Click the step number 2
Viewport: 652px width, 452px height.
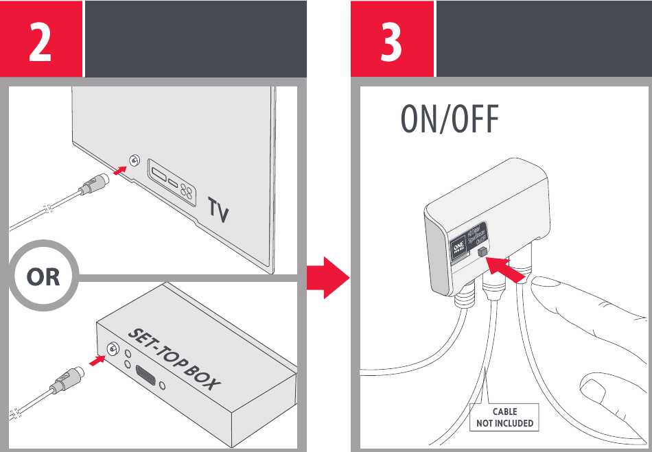point(40,40)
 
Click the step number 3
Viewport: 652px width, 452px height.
point(391,40)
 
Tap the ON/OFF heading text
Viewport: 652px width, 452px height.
point(449,121)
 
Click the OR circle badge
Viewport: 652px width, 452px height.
point(43,278)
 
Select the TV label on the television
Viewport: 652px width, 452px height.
point(218,210)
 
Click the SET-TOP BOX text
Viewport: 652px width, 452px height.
point(174,359)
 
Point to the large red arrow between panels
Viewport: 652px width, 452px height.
point(328,278)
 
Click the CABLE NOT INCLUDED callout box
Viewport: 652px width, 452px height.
point(504,418)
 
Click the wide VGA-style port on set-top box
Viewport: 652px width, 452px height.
point(145,376)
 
